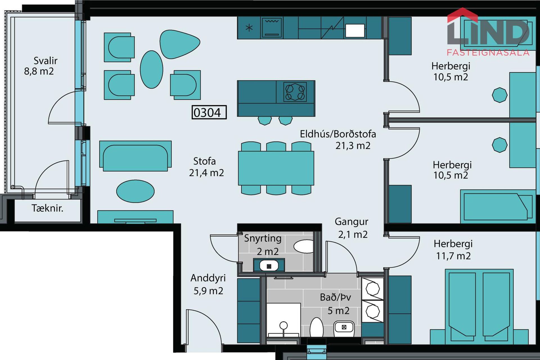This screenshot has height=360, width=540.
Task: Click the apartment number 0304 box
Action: point(209,112)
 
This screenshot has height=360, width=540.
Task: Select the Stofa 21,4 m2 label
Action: point(206,167)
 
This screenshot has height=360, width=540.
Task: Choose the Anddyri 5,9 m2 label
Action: point(208,284)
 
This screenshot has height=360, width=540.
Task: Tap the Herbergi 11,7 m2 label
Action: point(453,250)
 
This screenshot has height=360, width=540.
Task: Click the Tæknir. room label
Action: point(48,208)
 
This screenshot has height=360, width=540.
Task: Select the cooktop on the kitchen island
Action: point(295,92)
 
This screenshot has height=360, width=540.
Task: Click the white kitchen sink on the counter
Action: point(355,30)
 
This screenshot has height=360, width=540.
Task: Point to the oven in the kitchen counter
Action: point(272,28)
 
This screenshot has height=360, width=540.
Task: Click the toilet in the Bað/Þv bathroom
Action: point(317,327)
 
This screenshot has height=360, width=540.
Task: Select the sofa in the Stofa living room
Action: point(135,156)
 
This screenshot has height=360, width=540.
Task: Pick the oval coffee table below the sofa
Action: point(135,191)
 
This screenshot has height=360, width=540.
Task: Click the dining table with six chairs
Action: point(276,168)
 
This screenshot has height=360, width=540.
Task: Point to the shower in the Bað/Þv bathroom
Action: point(283,320)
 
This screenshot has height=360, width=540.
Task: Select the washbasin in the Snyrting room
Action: point(269,265)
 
